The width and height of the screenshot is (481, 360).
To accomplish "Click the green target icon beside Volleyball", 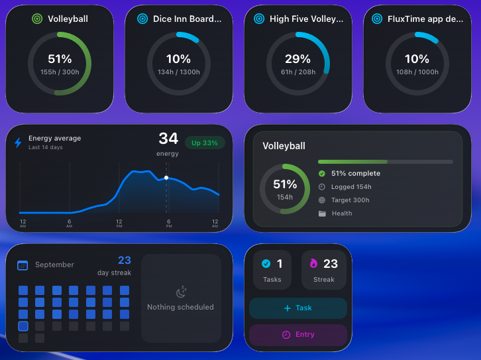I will [x=37, y=19].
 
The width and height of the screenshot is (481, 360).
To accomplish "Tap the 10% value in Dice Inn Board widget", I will [x=178, y=59].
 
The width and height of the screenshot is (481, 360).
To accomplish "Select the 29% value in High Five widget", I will [x=297, y=59].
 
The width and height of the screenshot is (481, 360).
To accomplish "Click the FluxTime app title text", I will [x=425, y=19].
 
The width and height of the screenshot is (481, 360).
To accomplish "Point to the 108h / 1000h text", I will [x=417, y=72].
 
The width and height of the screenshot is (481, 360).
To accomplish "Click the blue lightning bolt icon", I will [x=18, y=143].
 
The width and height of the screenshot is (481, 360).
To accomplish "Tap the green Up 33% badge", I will [x=205, y=143].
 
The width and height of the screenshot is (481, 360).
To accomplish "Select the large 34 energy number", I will [x=168, y=139].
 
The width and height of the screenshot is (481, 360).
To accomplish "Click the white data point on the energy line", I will [x=166, y=178].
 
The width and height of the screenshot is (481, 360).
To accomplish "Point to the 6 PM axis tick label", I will [x=168, y=223].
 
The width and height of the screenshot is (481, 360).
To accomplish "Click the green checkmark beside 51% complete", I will [x=322, y=174].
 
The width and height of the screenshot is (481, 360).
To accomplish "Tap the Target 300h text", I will [x=350, y=200].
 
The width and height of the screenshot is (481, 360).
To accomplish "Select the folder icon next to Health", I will [x=322, y=213].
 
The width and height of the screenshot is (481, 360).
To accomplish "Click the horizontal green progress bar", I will [x=385, y=161].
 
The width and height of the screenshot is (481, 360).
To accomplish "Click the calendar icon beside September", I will [x=23, y=265].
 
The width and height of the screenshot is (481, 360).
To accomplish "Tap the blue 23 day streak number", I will [x=124, y=261].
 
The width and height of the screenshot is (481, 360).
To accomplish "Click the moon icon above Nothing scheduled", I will [x=181, y=292].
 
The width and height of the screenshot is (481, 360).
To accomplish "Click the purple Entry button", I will [x=298, y=335].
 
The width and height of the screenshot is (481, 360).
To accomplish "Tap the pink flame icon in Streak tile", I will [x=313, y=263].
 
